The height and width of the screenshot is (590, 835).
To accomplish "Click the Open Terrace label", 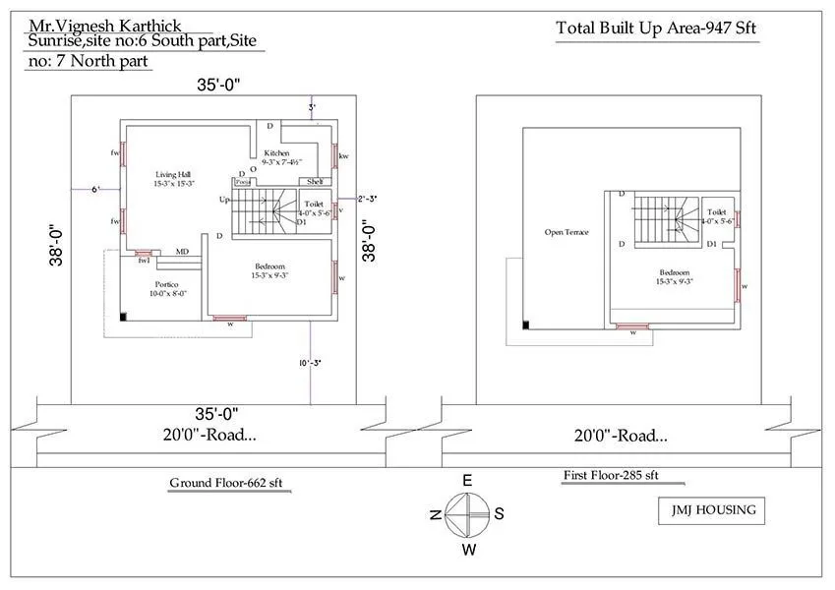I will click(567, 232).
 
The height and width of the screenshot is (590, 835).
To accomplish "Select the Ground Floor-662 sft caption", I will click(233, 483).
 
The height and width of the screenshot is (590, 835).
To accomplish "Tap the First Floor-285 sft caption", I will click(610, 475).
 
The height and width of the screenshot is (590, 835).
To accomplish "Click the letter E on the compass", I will click(468, 480).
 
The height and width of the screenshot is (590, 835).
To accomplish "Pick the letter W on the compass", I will click(469, 548).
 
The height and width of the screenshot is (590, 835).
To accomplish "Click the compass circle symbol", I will click(468, 513).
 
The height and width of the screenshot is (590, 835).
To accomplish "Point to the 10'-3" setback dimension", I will click(312, 363).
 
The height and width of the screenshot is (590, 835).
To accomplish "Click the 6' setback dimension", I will click(95, 189).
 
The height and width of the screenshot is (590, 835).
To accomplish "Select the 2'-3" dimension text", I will click(367, 199).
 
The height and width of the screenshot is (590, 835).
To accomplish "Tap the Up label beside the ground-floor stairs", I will click(225, 200).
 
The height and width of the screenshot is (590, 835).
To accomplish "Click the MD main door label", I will click(182, 252).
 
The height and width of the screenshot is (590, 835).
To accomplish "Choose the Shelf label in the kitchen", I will click(315, 182).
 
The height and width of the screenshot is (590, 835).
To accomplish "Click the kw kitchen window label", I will click(343, 156).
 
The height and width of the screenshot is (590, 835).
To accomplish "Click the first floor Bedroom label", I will click(675, 276).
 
